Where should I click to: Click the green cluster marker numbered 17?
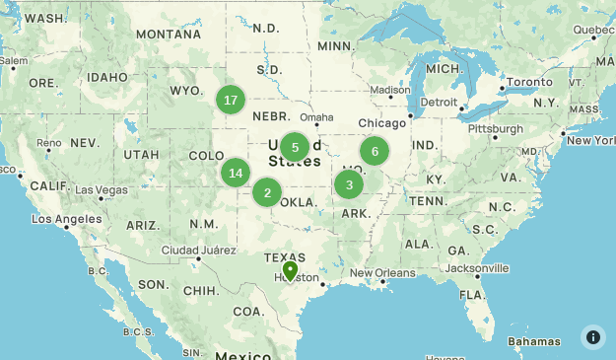click(x=231, y=100)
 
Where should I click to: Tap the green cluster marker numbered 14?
click(x=235, y=174)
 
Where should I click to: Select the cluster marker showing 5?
click(x=295, y=148)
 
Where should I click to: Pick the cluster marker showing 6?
click(x=375, y=151)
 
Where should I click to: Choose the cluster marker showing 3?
click(x=349, y=184)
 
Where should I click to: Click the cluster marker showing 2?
click(x=267, y=192)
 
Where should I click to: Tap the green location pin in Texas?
click(x=290, y=270)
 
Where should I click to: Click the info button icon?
click(x=593, y=336)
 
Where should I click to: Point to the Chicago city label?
click(x=382, y=123)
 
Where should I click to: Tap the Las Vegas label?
click(x=101, y=189)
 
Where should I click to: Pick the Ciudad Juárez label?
click(x=193, y=249)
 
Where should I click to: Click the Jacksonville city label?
click(x=477, y=268)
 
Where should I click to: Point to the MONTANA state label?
click(x=169, y=34)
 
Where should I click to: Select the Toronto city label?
click(x=529, y=82)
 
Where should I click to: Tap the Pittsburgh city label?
click(x=496, y=129)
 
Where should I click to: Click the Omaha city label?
click(x=316, y=117)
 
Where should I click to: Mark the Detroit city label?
click(x=439, y=102)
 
